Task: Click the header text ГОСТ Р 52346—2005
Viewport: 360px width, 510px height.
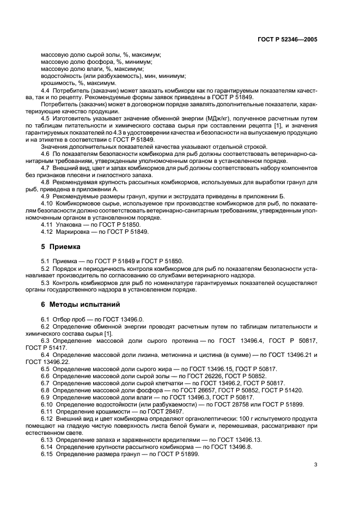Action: click(287, 40)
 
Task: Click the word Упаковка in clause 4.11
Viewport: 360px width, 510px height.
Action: click(66, 224)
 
